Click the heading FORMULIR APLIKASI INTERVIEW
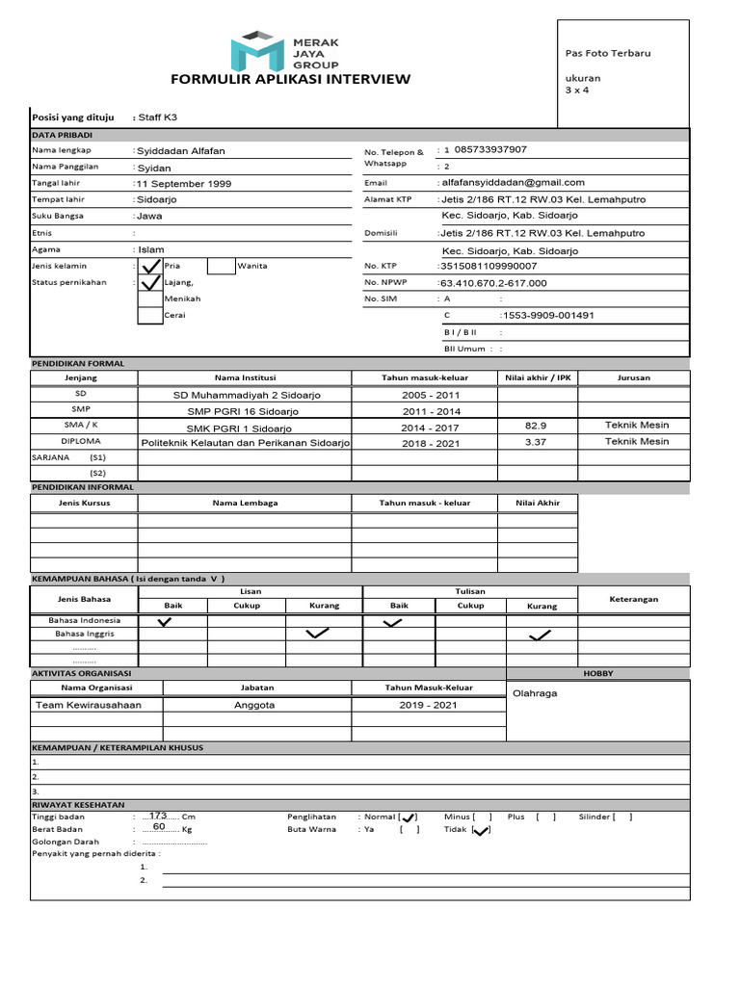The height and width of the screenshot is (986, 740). [x=290, y=79]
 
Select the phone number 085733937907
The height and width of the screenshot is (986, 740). [x=490, y=149]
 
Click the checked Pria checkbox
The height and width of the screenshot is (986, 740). [x=150, y=267]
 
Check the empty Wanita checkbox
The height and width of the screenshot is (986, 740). [x=221, y=267]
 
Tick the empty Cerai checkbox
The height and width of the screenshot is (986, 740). [x=150, y=316]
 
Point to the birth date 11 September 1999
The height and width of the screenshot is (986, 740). [x=183, y=183]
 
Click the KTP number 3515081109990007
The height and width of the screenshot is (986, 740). [x=488, y=266]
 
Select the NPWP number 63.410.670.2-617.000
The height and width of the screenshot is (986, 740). [x=492, y=283]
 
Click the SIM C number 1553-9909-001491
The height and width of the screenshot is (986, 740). [x=546, y=315]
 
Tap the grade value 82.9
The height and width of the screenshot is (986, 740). [x=536, y=425]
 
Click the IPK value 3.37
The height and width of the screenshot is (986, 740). [x=536, y=441]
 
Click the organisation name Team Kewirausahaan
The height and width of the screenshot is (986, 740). [x=88, y=705]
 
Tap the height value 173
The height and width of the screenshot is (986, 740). [x=159, y=815]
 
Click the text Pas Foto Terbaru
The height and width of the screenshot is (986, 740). [x=607, y=53]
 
